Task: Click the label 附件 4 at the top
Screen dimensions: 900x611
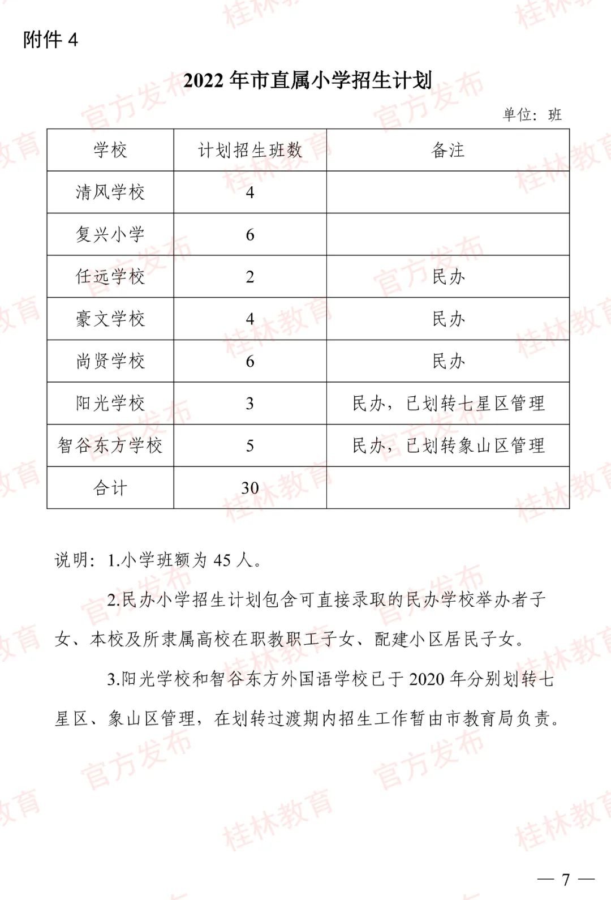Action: click(x=50, y=40)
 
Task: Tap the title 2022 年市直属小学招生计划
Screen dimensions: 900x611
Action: click(x=307, y=80)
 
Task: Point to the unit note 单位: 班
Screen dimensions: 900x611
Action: click(x=532, y=115)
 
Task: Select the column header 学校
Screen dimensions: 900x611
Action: click(x=110, y=150)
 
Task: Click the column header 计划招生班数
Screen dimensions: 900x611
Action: click(x=250, y=150)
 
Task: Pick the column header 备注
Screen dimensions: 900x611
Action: click(x=448, y=150)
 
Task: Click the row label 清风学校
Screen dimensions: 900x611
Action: click(x=110, y=192)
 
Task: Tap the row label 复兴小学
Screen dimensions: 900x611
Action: click(x=110, y=234)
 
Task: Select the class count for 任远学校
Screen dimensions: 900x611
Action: click(x=250, y=277)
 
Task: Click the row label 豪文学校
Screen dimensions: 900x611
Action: click(x=110, y=319)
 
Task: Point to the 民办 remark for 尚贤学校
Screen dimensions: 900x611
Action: click(x=448, y=361)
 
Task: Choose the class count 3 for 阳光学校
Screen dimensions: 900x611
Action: click(x=250, y=404)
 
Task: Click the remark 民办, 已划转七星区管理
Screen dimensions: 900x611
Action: click(x=448, y=404)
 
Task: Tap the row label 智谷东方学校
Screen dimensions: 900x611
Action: click(x=110, y=445)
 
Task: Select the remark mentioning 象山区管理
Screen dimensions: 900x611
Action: click(x=448, y=445)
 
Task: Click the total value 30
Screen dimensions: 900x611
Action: click(x=250, y=488)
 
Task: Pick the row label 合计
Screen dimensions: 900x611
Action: click(x=110, y=488)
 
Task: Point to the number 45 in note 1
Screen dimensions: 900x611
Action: click(x=222, y=560)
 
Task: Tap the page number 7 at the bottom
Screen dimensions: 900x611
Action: click(x=566, y=879)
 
